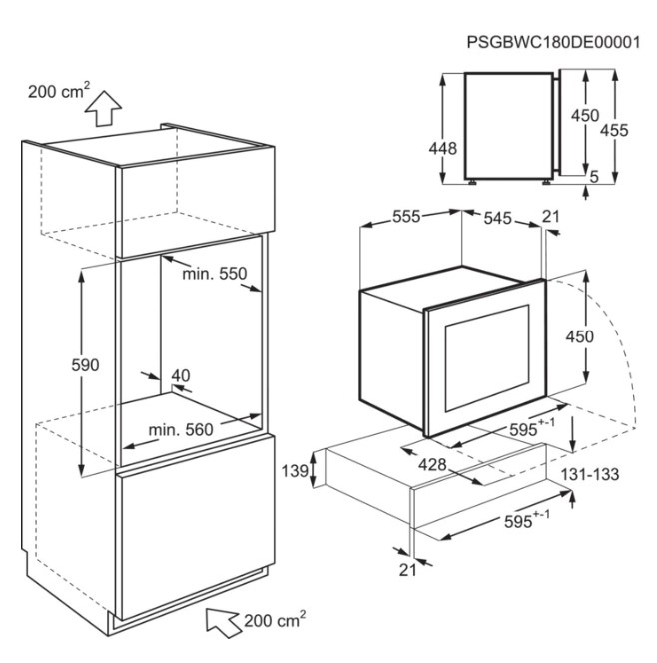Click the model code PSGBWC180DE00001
pos(553,42)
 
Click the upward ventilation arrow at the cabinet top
pos(103,108)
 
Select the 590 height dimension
pos(85,364)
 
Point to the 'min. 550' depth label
pos(215,274)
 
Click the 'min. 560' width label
pos(181,430)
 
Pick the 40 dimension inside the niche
pos(181,375)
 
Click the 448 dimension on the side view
pos(442,149)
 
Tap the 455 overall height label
pos(614,130)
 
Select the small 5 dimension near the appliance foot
pos(594,177)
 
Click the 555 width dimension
pos(406,216)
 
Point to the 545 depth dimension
pos(497,219)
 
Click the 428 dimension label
pos(432,465)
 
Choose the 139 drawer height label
pos(296,471)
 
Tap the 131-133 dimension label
pos(590,475)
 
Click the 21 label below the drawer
pos(407,570)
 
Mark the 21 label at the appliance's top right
pos(551,217)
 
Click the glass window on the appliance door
pos(487,357)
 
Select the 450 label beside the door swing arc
pos(580,337)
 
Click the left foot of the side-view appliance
pos(472,183)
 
